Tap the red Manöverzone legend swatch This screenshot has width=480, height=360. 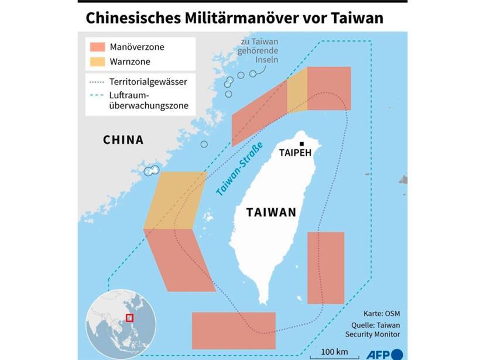[x=98, y=47]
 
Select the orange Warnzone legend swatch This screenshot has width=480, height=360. [x=98, y=61]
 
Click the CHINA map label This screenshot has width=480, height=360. [x=123, y=140]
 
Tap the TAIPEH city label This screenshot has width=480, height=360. [x=296, y=154]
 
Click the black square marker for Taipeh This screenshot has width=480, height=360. [x=302, y=143]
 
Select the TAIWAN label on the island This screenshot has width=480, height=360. [x=271, y=212]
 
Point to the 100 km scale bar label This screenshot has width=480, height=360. [x=335, y=351]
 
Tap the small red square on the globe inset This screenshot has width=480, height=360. [x=129, y=318]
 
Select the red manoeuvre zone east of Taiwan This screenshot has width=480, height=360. [x=325, y=268]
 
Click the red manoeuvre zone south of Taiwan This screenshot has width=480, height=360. [x=234, y=330]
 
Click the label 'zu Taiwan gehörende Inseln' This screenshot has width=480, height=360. [x=259, y=51]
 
